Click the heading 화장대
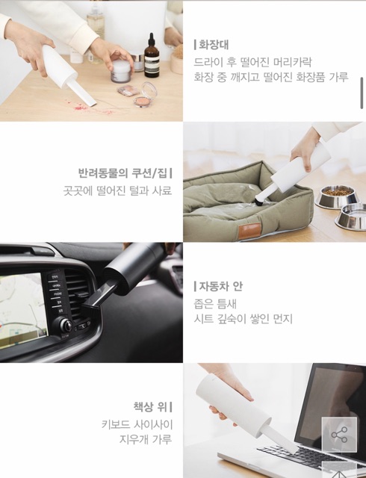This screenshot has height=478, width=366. click(x=214, y=45)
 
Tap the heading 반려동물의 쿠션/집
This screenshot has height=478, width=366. click(x=122, y=173)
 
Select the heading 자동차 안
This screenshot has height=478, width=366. click(x=221, y=286)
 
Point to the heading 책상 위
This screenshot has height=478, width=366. click(x=150, y=406)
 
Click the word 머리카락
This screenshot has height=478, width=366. click(x=293, y=62)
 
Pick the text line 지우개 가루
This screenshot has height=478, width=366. click(x=146, y=439)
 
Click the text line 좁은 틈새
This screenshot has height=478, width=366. click(x=215, y=304)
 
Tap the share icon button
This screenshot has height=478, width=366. click(x=339, y=435)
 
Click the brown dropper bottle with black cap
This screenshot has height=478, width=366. click(x=152, y=57)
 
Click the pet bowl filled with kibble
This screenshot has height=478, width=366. click(x=337, y=197)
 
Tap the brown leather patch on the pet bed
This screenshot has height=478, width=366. click(x=249, y=231)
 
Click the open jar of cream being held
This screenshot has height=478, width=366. click(x=122, y=71)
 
